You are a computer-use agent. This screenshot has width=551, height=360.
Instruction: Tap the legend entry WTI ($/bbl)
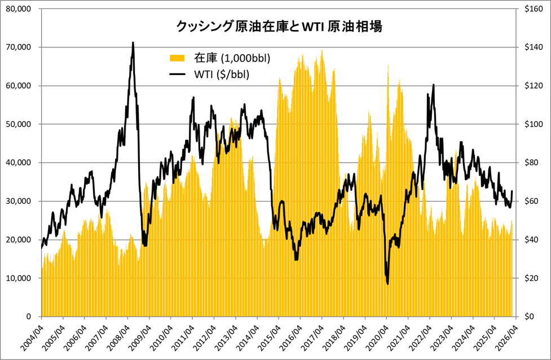point(222,74)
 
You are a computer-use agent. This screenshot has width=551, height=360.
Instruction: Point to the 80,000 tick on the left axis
point(20,8)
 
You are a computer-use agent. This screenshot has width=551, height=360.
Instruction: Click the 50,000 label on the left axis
point(20,124)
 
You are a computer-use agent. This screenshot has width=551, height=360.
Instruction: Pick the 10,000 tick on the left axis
point(20,278)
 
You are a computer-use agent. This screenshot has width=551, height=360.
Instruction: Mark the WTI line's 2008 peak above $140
point(133,42)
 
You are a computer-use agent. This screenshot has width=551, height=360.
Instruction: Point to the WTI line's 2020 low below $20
point(388,284)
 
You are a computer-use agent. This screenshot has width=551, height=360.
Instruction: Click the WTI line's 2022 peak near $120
point(433,85)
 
